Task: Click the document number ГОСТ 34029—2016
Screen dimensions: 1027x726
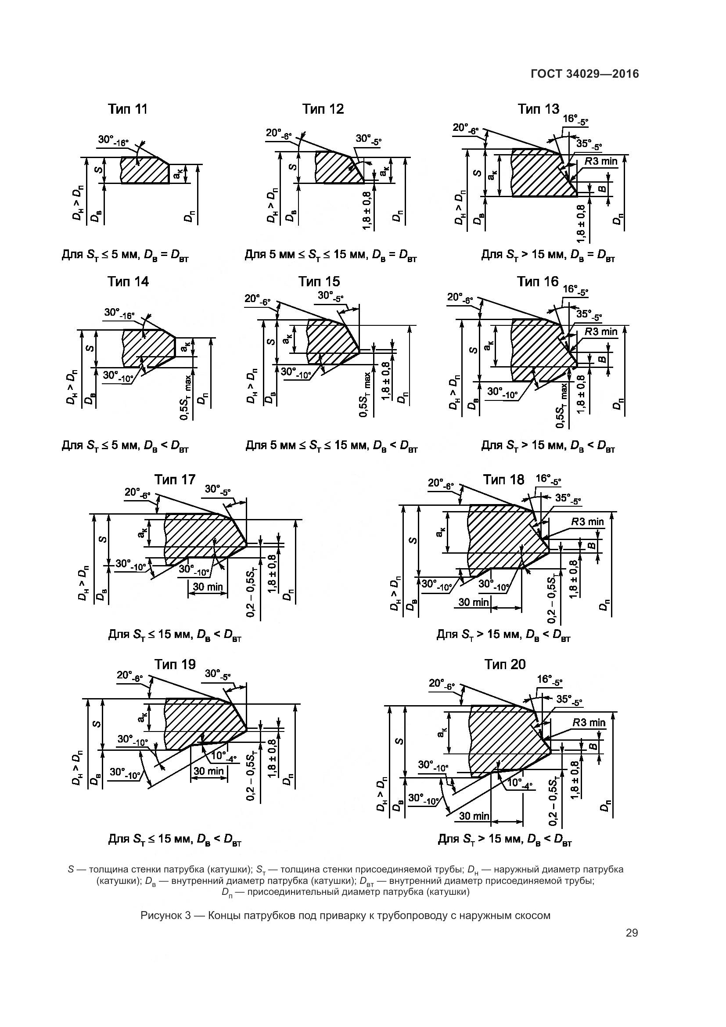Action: [x=585, y=74]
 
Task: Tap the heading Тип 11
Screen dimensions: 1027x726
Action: [x=127, y=109]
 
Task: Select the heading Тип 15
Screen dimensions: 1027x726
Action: [x=319, y=281]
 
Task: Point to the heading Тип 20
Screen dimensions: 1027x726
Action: [x=505, y=665]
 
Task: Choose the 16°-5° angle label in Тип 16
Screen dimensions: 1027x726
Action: [x=575, y=290]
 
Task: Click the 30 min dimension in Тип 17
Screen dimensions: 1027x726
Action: [x=208, y=587]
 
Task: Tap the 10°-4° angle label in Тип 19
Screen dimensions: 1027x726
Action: [x=223, y=757]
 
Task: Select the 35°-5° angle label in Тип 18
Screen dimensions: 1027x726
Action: [x=568, y=499]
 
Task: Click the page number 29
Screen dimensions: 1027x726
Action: [x=632, y=933]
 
